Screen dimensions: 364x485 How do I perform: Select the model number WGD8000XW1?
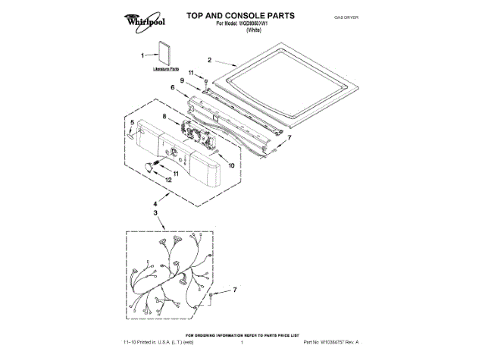pos(261,24)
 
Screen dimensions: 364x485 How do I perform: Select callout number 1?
pos(142,55)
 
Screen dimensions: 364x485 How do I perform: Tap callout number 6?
pos(173,88)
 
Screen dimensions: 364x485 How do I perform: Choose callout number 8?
pos(164,116)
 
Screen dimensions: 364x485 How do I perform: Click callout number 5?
pos(131,122)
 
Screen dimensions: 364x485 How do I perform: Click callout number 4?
pos(155,203)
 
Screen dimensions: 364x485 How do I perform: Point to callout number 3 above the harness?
pos(155,214)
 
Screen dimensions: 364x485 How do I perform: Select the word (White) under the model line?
pos(258,30)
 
